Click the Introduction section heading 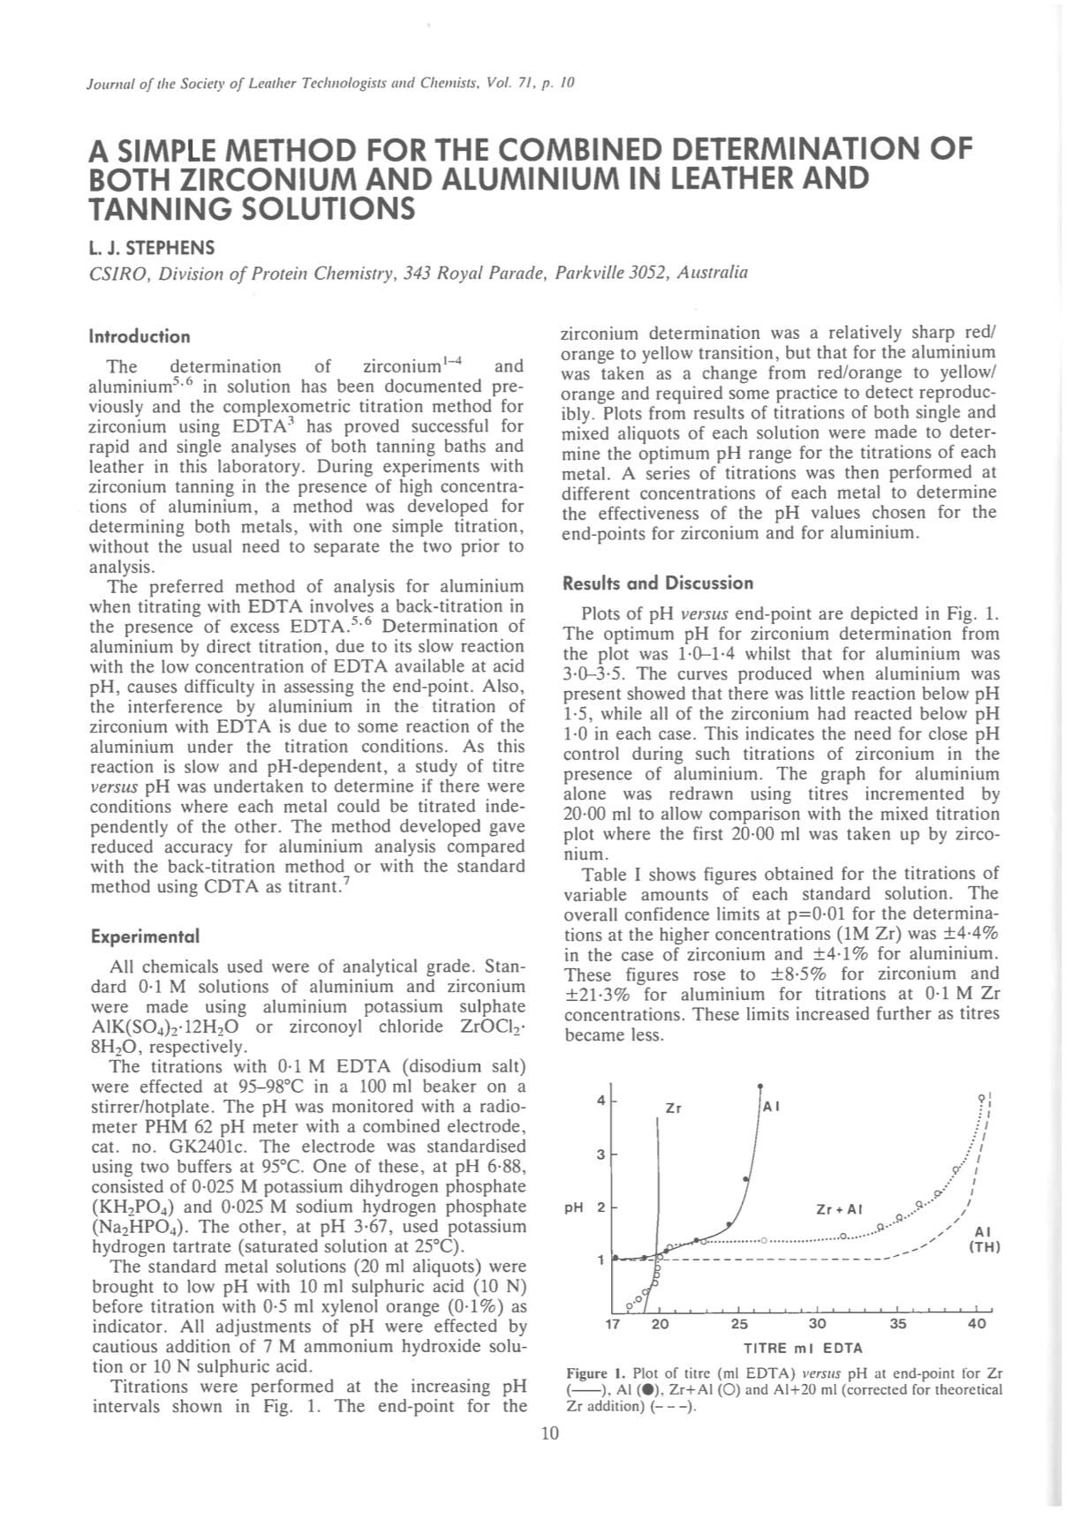(x=140, y=336)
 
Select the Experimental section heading (x=145, y=935)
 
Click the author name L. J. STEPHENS (x=151, y=247)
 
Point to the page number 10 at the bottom (x=549, y=1433)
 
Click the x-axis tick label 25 (x=739, y=1324)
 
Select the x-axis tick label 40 (x=977, y=1324)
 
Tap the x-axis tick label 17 (x=612, y=1324)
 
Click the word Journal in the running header (x=109, y=84)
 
